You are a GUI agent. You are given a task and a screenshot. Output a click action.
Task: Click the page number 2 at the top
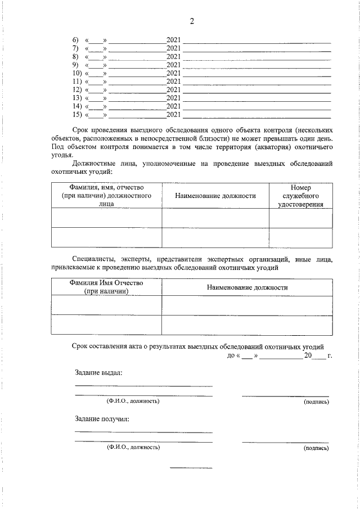[x=191, y=21]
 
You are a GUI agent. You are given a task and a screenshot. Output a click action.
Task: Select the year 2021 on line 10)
[x=173, y=73]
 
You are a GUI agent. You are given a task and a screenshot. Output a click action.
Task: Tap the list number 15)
[x=77, y=115]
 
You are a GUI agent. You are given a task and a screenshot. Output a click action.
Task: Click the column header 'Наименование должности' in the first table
[x=215, y=196]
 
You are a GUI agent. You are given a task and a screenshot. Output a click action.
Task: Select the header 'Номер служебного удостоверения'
[x=300, y=196]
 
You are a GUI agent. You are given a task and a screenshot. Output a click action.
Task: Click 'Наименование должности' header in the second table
[x=247, y=287]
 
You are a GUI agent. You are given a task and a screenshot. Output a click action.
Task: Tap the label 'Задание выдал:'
[x=98, y=372]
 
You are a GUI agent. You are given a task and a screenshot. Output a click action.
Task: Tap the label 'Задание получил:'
[x=102, y=418]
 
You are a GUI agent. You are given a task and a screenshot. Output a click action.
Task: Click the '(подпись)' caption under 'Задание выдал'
[x=316, y=402]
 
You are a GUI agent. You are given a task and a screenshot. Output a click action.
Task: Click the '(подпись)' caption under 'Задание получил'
[x=316, y=448]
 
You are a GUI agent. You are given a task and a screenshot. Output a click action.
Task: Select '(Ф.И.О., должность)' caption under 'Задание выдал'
[x=133, y=402]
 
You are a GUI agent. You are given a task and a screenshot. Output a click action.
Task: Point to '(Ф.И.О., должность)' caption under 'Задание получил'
[x=133, y=448]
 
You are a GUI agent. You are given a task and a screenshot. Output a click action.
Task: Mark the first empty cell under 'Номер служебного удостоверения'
[x=300, y=218]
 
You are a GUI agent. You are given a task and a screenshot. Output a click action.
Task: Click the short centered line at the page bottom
[x=191, y=468]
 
